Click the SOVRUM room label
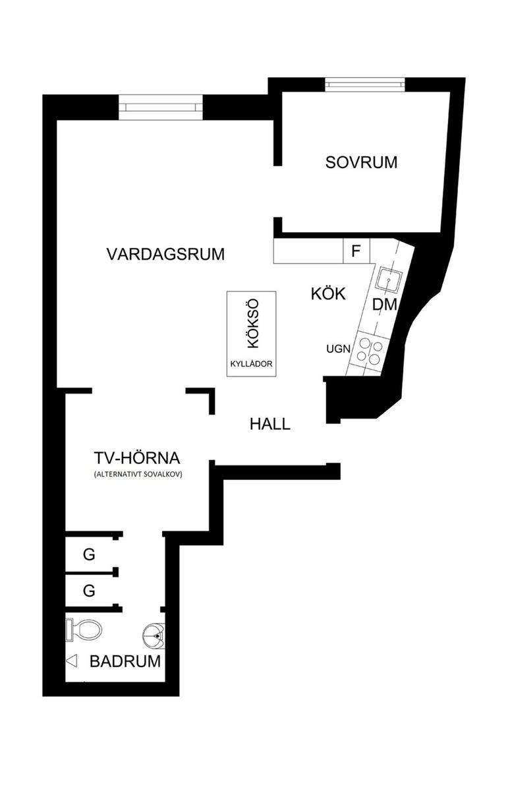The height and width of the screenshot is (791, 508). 361,162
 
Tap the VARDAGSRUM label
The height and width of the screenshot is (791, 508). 165,254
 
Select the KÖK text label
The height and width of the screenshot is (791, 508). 328,294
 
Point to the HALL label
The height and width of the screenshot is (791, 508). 269,424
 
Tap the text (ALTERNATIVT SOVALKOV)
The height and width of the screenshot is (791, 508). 137,475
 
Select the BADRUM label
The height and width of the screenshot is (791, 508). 125,661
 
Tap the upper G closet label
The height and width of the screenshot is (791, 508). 89,555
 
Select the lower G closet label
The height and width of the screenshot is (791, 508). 89,591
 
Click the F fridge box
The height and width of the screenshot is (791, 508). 356,251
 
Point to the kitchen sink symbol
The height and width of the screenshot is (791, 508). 388,279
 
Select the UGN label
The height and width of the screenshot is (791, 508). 337,349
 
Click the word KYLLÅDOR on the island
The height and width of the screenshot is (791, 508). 251,363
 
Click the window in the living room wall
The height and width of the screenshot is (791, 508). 161,107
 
